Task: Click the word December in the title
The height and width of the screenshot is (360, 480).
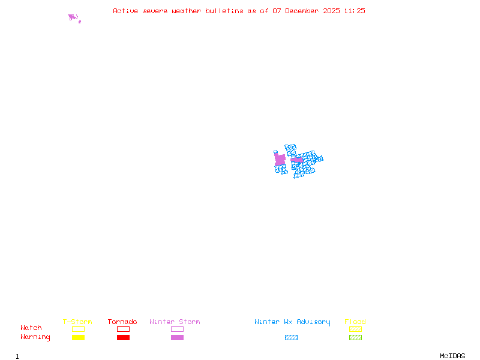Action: point(304,11)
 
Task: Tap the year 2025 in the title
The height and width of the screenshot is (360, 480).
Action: point(332,11)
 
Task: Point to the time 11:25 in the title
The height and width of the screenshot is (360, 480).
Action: point(355,11)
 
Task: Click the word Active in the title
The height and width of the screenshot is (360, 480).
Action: point(125,11)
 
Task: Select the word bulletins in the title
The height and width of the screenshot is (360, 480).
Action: point(224,11)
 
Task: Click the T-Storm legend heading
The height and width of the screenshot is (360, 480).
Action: point(77,322)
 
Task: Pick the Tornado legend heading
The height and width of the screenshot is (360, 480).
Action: point(122,322)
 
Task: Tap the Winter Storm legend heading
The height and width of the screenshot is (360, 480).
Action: point(175,322)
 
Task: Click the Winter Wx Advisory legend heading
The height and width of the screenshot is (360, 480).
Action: point(292,322)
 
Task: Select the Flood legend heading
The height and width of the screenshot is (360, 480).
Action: point(355,322)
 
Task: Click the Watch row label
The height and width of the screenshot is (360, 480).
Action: point(31,328)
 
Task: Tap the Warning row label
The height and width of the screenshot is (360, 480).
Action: point(35,337)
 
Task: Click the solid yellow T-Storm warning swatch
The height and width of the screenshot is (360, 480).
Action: point(78,338)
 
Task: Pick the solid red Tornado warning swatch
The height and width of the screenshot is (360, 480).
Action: point(123,338)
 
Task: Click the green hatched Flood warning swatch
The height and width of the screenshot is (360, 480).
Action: point(355,338)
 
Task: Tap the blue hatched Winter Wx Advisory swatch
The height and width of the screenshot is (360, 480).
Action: point(291,338)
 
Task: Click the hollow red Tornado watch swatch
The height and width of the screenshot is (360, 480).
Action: point(123,329)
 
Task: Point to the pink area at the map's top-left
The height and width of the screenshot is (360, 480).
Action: point(73,17)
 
